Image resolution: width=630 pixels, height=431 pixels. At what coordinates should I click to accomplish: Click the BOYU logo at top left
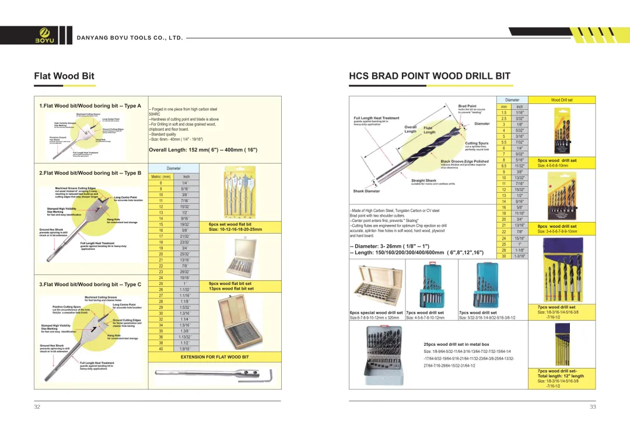coord(45,35)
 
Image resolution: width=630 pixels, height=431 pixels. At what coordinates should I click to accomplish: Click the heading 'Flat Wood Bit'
coord(64,76)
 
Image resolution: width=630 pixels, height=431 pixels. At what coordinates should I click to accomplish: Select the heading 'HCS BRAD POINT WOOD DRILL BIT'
coord(429,76)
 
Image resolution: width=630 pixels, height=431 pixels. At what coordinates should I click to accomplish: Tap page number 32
coord(37,407)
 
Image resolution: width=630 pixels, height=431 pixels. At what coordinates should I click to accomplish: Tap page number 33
coord(593,407)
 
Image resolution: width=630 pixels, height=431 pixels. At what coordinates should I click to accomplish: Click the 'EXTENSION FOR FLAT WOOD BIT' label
coord(215,357)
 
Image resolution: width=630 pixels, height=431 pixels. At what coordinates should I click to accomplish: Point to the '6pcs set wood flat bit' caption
coord(230,224)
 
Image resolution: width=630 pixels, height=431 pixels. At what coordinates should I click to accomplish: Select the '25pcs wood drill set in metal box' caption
coord(456,345)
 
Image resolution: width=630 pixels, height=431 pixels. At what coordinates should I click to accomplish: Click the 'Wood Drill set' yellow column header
coord(562,100)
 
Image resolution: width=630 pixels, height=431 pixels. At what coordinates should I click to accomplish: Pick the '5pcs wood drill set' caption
coord(556,161)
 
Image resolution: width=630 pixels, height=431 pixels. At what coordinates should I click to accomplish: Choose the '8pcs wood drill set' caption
coord(556,227)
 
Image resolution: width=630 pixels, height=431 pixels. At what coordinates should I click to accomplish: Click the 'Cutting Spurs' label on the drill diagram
coord(477,143)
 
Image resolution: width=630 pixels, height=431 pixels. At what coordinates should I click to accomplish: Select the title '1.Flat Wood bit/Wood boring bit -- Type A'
coord(90,106)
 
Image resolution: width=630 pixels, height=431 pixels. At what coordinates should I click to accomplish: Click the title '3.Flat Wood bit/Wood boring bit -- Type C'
coord(90,284)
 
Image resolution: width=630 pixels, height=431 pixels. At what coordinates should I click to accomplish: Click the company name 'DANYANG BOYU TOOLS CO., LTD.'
coord(130,38)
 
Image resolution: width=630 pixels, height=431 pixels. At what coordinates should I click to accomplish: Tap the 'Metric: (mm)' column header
coord(160,176)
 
